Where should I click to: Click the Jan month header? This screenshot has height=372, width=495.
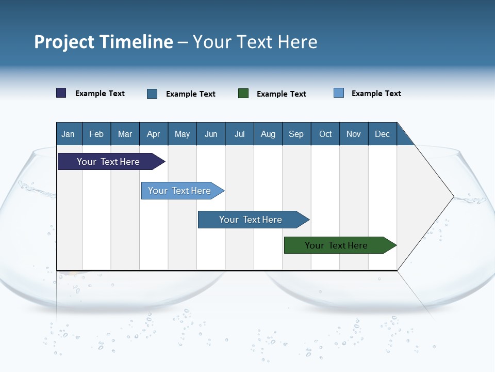coord(68,134)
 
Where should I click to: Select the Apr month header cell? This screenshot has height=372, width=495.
coord(153,134)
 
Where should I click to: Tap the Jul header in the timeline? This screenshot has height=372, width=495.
coord(239,134)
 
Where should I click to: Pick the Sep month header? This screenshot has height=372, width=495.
coord(296,134)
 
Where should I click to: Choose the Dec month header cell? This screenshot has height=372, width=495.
coord(382,134)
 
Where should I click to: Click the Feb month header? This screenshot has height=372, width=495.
coord(96,134)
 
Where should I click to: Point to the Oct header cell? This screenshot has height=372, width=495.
coord(325,134)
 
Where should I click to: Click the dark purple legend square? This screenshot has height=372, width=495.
coord(61,93)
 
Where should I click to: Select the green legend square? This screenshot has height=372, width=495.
coord(243,94)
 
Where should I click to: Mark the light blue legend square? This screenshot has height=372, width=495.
coord(339,93)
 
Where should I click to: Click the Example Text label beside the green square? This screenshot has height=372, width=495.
coord(281,94)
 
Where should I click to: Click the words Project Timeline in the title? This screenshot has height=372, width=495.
coord(104,42)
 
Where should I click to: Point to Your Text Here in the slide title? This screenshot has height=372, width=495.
coord(255,42)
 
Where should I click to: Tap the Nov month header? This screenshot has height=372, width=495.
coord(354,134)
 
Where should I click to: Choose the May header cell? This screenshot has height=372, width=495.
coord(182,134)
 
